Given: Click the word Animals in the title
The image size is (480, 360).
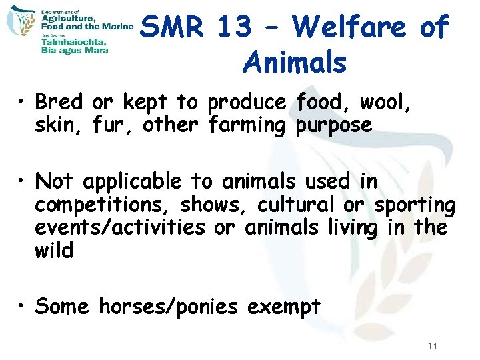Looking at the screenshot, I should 295,63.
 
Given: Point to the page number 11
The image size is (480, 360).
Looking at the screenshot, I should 433,346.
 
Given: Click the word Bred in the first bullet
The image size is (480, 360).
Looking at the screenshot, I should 59,102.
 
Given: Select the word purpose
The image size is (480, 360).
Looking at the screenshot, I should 333,124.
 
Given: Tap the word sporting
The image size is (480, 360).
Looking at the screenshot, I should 415,205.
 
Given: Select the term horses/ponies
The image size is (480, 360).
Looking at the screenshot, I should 169,307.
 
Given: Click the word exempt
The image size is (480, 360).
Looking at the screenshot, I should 284,307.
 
